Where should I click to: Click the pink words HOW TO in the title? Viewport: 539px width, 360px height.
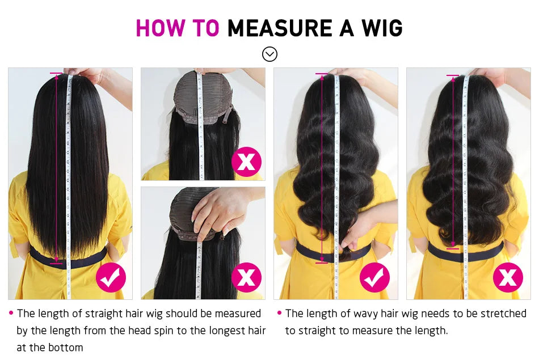coord(177,28)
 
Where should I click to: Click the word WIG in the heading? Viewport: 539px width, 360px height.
coord(380,28)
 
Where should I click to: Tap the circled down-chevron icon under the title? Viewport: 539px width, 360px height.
coord(269,54)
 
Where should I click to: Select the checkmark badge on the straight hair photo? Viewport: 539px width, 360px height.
coord(111,277)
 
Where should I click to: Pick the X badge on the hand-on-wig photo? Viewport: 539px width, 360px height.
coord(246,277)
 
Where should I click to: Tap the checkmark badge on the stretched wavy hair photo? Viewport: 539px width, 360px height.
coord(374,277)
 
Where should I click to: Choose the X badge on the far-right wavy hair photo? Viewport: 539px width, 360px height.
coord(507,277)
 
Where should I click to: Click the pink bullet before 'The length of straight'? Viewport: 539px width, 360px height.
coord(11,314)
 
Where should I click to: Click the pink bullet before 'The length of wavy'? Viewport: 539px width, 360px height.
coord(279,314)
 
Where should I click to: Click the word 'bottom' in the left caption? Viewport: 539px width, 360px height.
coord(66,348)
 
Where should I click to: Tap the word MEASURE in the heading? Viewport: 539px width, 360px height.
coord(280,28)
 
